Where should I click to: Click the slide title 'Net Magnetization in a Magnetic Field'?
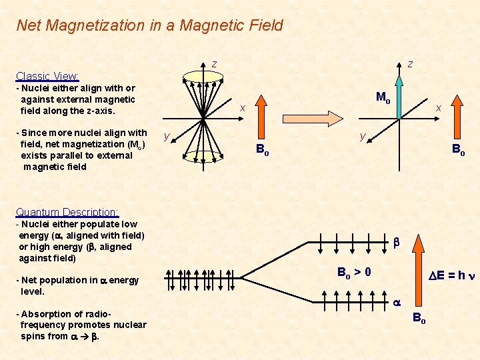(x=149, y=25)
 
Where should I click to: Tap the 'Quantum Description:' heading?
(x=67, y=212)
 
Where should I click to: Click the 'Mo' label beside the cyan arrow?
(x=383, y=97)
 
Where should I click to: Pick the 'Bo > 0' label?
(x=354, y=272)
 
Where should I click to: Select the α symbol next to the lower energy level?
(x=396, y=302)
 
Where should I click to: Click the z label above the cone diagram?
(x=214, y=64)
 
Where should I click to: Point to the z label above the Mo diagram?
(x=410, y=64)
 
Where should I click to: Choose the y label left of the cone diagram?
(x=166, y=137)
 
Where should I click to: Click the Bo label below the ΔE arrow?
(x=419, y=318)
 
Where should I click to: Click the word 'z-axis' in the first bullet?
(x=98, y=111)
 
